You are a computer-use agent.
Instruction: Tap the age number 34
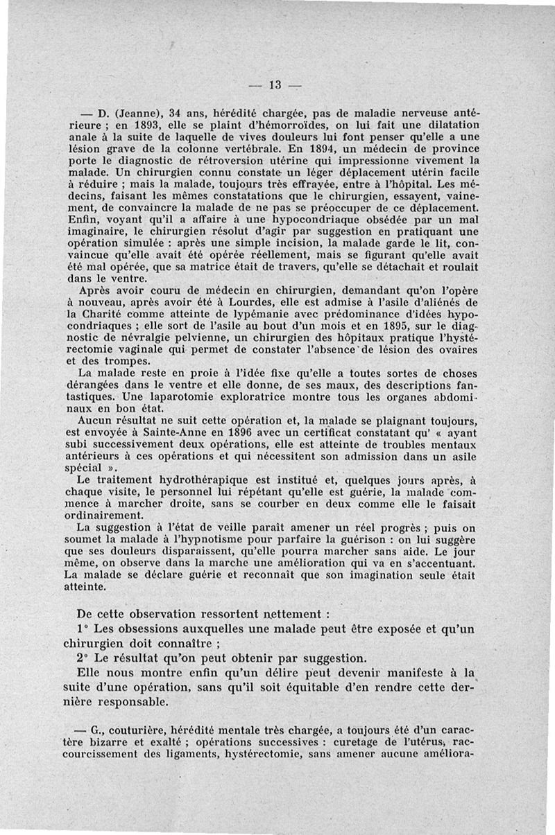177,112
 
